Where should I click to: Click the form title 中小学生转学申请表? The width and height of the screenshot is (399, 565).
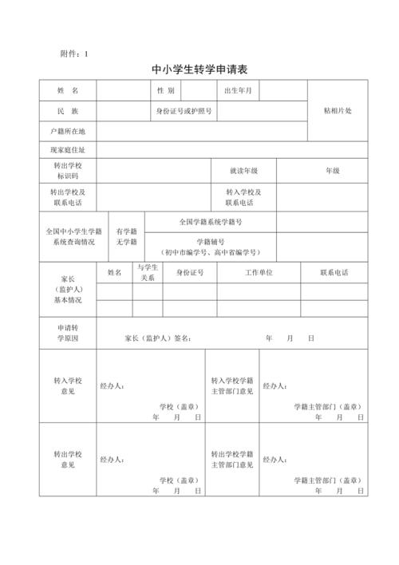[x=199, y=69]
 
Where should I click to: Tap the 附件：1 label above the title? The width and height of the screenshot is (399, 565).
[x=74, y=53]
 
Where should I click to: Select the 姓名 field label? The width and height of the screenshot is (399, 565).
[x=68, y=91]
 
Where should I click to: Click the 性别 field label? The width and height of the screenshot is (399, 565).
[x=166, y=91]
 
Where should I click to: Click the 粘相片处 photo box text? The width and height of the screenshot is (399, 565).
[x=337, y=110]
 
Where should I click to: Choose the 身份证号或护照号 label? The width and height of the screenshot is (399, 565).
[x=184, y=111]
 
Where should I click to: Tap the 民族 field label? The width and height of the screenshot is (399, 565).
[x=68, y=111]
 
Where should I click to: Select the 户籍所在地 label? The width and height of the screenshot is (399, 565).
[x=67, y=131]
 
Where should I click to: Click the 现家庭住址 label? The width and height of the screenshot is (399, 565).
[x=67, y=150]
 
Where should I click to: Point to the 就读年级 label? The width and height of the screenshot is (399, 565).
[x=243, y=171]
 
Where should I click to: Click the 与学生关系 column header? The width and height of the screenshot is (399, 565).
[x=148, y=273]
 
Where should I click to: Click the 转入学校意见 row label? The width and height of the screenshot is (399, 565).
[x=67, y=385]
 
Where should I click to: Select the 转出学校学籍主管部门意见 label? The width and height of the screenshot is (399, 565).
[x=232, y=459]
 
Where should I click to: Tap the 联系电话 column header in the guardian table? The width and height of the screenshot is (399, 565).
[x=334, y=273]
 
